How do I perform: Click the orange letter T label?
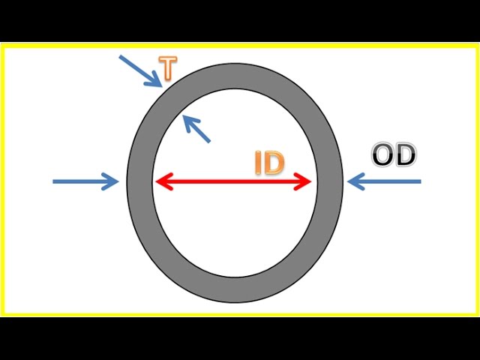pyautogui.click(x=168, y=68)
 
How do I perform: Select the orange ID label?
pyautogui.click(x=269, y=163)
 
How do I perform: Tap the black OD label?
pyautogui.click(x=394, y=155)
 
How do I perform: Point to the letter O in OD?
pyautogui.click(x=382, y=155)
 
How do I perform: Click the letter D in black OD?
pyautogui.click(x=406, y=155)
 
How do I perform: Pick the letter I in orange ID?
pyautogui.click(x=258, y=163)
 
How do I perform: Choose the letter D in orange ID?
pyautogui.click(x=274, y=163)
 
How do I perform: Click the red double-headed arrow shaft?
pyautogui.click(x=233, y=181)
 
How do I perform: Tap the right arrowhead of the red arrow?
pyautogui.click(x=302, y=181)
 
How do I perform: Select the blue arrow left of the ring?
pyautogui.click(x=85, y=181)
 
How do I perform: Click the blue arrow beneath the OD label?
pyautogui.click(x=384, y=181)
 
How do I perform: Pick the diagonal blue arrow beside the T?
pyautogui.click(x=140, y=71)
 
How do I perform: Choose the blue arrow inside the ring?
pyautogui.click(x=196, y=128)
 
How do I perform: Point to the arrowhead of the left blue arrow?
pyautogui.click(x=111, y=181)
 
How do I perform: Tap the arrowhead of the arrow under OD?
pyautogui.click(x=356, y=181)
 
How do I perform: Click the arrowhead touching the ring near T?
pyautogui.click(x=155, y=80)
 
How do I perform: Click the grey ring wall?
pyautogui.click(x=139, y=184)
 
